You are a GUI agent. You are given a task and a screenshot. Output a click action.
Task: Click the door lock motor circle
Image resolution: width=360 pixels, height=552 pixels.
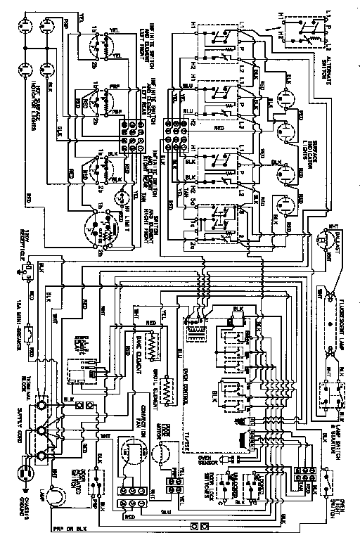pyautogui.click(x=172, y=454)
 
